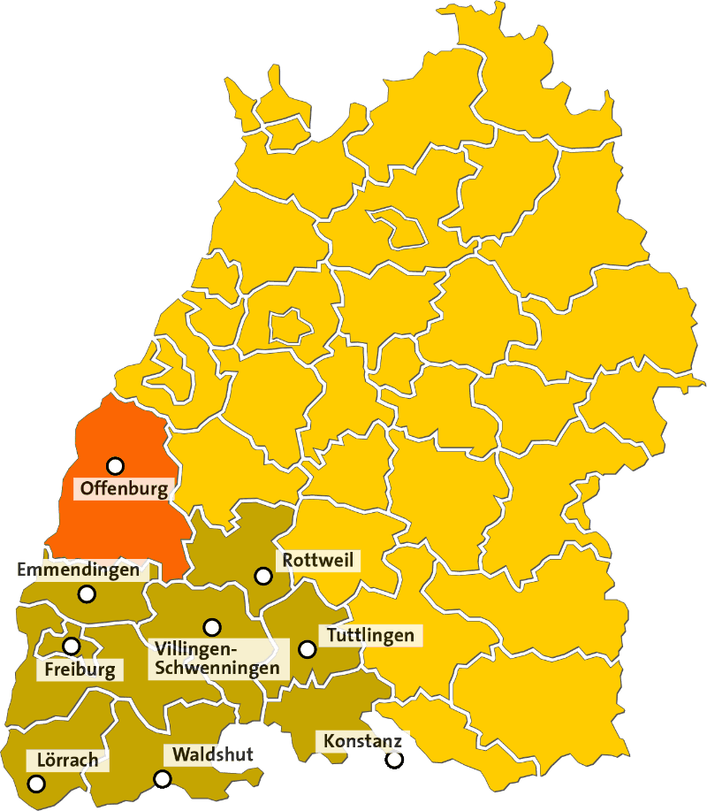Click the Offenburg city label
(123, 488)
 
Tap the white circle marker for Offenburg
(115, 465)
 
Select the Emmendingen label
(80, 570)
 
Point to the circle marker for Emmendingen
(87, 594)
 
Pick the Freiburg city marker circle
(71, 647)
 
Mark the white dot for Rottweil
(262, 576)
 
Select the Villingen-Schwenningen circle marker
(212, 627)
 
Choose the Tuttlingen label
(370, 635)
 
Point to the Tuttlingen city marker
(308, 649)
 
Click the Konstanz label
(362, 740)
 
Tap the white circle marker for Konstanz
(394, 760)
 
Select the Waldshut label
(213, 754)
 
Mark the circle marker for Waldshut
(162, 779)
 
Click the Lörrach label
(67, 760)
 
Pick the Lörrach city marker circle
(36, 784)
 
